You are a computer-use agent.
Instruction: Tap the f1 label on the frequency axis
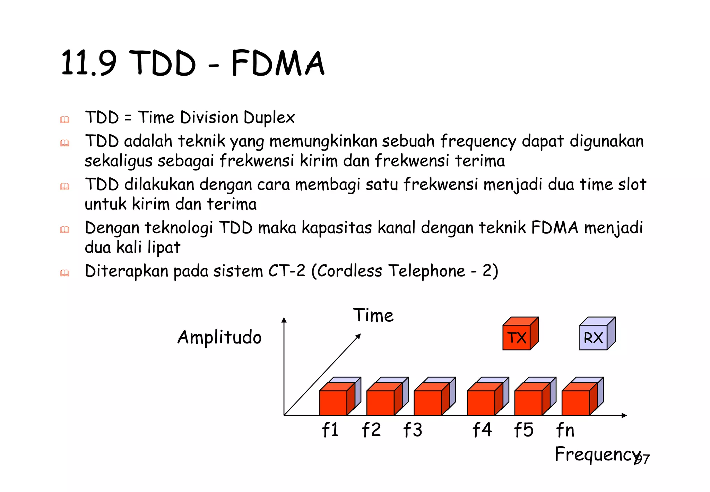(x=330, y=430)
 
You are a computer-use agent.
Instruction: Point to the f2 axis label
(x=371, y=430)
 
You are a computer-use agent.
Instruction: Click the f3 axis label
(x=413, y=430)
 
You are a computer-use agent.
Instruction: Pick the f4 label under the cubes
(x=482, y=430)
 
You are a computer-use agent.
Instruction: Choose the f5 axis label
(x=523, y=430)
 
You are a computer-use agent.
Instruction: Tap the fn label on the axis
(x=565, y=430)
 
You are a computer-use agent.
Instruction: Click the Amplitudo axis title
(x=219, y=337)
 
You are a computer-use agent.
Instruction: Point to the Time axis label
(x=373, y=315)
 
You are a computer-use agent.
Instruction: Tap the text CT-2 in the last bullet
(x=287, y=271)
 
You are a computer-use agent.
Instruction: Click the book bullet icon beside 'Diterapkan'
(x=65, y=273)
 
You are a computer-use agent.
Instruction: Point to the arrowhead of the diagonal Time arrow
(x=359, y=336)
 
